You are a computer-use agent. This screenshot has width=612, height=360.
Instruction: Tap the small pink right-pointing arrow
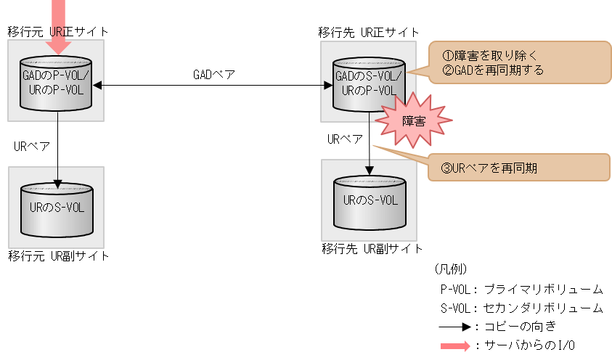(x=456, y=346)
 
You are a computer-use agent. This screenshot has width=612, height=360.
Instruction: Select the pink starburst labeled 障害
(x=413, y=120)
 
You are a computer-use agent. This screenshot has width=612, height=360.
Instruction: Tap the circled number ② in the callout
(x=447, y=70)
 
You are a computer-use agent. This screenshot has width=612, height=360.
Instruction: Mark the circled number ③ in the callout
(x=446, y=168)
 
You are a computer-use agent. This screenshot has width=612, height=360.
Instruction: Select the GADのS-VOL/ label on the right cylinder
(x=369, y=76)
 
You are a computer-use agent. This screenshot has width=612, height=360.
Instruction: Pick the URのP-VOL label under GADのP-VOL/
(x=56, y=90)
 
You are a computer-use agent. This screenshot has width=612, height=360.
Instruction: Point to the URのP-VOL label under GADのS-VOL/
(x=369, y=91)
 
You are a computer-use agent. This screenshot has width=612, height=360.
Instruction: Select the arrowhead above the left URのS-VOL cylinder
(x=57, y=183)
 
